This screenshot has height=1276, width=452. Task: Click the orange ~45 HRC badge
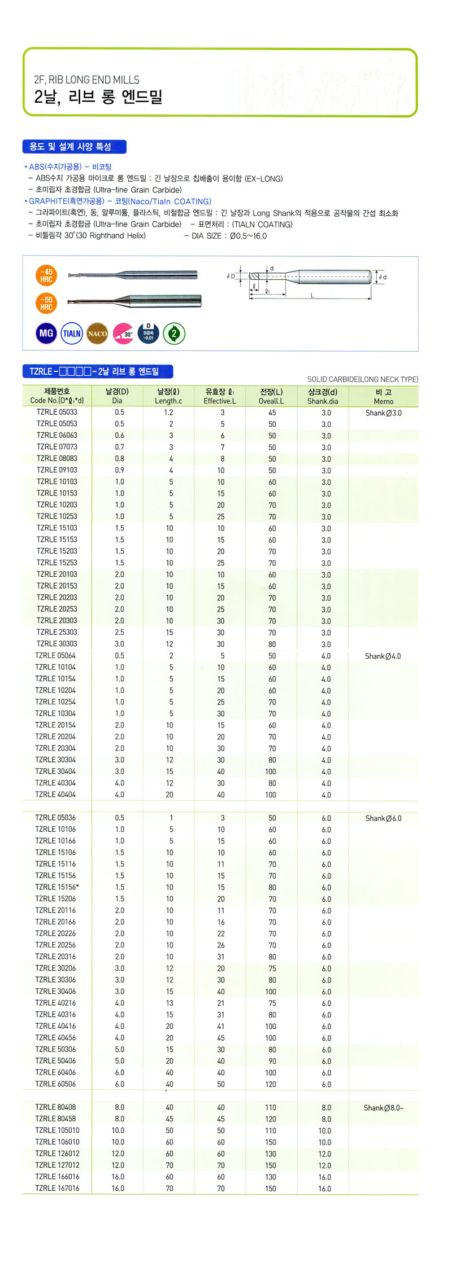pyautogui.click(x=46, y=275)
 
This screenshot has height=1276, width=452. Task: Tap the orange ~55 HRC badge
pyautogui.click(x=46, y=304)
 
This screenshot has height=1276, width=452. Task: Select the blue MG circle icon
pyautogui.click(x=46, y=334)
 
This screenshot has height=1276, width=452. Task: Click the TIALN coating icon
pyautogui.click(x=72, y=334)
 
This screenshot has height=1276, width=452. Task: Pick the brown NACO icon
pyautogui.click(x=97, y=334)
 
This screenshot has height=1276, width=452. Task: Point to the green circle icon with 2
pyautogui.click(x=174, y=334)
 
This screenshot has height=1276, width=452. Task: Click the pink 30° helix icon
pyautogui.click(x=123, y=334)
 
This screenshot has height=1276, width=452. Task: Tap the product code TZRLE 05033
pyautogui.click(x=57, y=412)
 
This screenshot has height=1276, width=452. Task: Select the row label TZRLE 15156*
pyautogui.click(x=57, y=887)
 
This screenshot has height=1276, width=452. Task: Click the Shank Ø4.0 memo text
pyautogui.click(x=383, y=656)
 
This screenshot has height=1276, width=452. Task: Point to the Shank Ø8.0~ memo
pyautogui.click(x=384, y=1107)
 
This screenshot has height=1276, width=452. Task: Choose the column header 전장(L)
pyautogui.click(x=271, y=392)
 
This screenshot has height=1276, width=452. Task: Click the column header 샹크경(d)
pyautogui.click(x=323, y=392)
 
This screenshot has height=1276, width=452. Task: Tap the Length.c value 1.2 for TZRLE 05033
pyautogui.click(x=168, y=413)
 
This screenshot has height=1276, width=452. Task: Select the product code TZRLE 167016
pyautogui.click(x=57, y=1188)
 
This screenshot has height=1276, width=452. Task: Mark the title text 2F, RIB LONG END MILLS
pyautogui.click(x=86, y=80)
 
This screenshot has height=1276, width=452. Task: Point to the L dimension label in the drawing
pyautogui.click(x=312, y=295)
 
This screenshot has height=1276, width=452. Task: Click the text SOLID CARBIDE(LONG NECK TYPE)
pyautogui.click(x=362, y=379)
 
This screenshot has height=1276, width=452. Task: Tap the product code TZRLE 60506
pyautogui.click(x=55, y=1084)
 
